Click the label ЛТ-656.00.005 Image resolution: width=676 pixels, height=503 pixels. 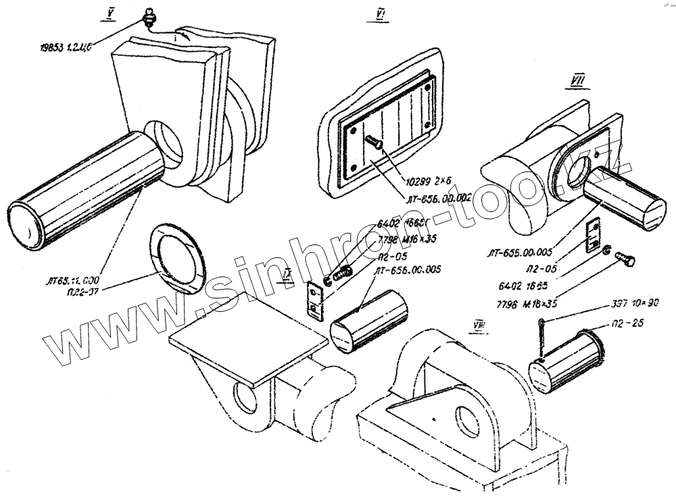408,269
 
